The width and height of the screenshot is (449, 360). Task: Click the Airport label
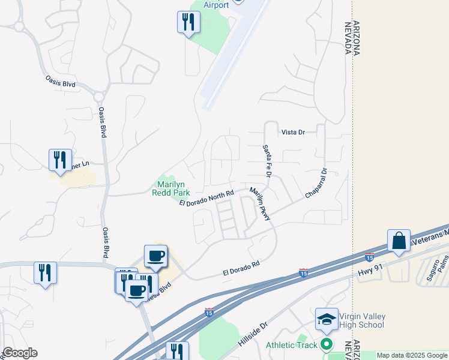[x=216, y=5]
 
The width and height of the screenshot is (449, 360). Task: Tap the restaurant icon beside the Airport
[x=188, y=23]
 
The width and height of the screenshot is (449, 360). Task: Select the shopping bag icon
[x=399, y=241]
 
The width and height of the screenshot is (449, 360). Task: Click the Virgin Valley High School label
[x=362, y=320]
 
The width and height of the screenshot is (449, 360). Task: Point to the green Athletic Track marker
[x=327, y=344]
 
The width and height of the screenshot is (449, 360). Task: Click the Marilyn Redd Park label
[x=173, y=188]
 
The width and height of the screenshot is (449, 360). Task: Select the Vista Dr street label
[x=294, y=132]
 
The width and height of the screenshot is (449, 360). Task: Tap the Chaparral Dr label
[x=318, y=184]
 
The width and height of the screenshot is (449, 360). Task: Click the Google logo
[x=20, y=353]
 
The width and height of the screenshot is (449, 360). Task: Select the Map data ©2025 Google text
[x=412, y=355]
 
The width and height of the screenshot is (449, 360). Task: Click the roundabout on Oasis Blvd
[x=99, y=97]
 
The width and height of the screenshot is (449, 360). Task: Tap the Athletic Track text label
[x=292, y=345]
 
